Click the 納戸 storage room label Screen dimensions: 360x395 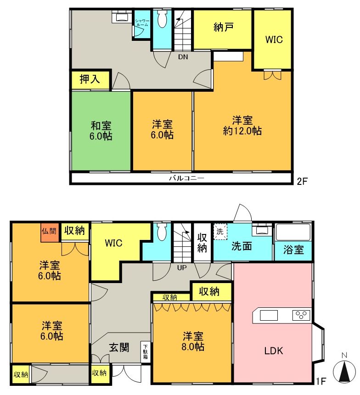(x=223, y=27)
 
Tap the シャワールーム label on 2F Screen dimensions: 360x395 (x=142, y=23)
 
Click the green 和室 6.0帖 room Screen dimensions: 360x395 (x=101, y=131)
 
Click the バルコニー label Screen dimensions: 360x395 (x=186, y=178)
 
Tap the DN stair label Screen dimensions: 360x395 (x=183, y=57)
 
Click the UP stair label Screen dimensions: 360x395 (x=182, y=268)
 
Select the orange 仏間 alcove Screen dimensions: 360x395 (x=50, y=232)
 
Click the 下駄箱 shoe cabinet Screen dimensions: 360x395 (x=146, y=352)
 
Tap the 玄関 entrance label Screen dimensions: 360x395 (x=119, y=348)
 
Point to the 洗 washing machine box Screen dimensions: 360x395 (x=220, y=232)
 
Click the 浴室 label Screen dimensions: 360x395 (x=293, y=250)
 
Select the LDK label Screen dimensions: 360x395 (x=274, y=351)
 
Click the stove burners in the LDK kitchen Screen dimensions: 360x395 (x=301, y=315)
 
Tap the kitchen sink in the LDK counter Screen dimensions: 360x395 (x=269, y=315)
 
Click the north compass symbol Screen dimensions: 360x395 (x=344, y=371)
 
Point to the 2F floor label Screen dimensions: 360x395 (x=302, y=181)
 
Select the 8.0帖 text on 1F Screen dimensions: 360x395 (x=193, y=347)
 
